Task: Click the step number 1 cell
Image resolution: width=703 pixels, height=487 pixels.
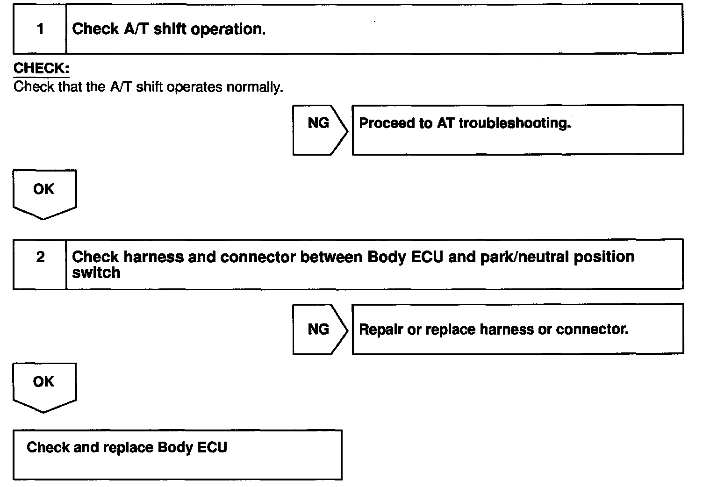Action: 40,29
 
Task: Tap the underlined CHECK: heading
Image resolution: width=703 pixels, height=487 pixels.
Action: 41,69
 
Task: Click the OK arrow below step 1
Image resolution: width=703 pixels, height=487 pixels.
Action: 44,193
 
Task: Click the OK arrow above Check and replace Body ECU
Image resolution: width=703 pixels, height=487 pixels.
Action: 44,385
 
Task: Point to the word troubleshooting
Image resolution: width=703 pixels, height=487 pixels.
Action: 515,123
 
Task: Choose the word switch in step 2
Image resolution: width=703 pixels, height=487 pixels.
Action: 96,272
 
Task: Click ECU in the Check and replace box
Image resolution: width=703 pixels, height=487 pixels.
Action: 212,447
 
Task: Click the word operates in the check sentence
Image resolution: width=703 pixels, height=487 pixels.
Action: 194,87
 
